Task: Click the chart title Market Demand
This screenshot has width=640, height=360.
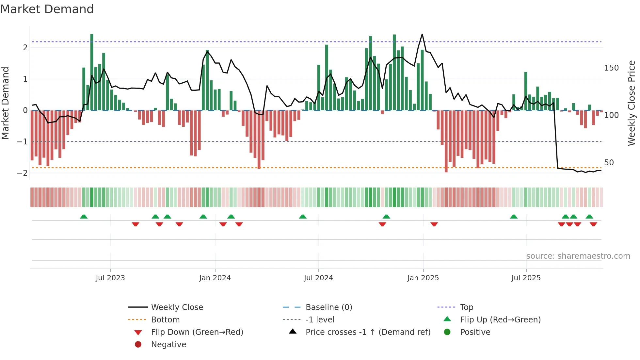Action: tap(47, 9)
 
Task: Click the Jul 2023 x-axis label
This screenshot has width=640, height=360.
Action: tap(110, 278)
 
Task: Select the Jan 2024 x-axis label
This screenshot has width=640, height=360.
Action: tap(215, 278)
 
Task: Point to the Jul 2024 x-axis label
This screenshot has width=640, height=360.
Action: tap(318, 278)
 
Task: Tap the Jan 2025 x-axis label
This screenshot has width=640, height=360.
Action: tap(423, 278)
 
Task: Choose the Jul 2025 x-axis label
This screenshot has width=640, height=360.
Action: tap(526, 278)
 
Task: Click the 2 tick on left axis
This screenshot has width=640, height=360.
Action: tap(25, 48)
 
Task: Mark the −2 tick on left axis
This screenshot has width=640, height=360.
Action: tap(23, 173)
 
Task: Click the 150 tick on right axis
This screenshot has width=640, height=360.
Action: tap(611, 68)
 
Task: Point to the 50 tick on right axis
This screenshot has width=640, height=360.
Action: tap(609, 163)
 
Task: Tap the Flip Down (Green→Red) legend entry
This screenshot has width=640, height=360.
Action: tap(197, 332)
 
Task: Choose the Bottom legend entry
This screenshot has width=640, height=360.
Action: tap(165, 320)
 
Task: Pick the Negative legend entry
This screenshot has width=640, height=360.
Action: tap(168, 345)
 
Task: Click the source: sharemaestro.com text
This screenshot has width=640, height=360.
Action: tap(578, 256)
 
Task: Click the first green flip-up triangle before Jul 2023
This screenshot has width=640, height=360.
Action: tap(84, 217)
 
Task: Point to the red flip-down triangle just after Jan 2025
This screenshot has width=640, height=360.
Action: tap(434, 224)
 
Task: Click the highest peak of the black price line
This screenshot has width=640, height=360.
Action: tap(422, 34)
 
